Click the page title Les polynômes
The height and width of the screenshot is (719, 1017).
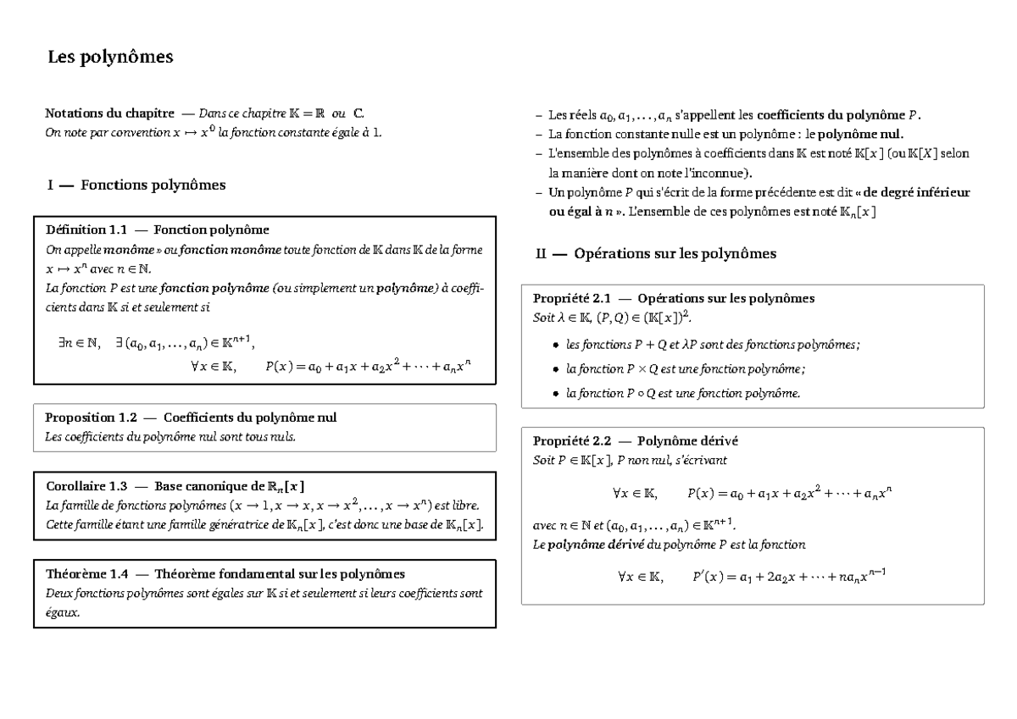(109, 58)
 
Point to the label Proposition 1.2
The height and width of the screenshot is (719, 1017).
(91, 418)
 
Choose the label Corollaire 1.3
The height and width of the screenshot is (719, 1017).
(86, 486)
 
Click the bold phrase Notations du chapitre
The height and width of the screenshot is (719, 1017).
(110, 113)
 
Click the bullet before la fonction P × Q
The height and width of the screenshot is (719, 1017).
(555, 369)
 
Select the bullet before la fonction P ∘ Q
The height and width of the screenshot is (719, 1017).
(555, 394)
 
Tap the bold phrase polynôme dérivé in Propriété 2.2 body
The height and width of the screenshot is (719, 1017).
(591, 545)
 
